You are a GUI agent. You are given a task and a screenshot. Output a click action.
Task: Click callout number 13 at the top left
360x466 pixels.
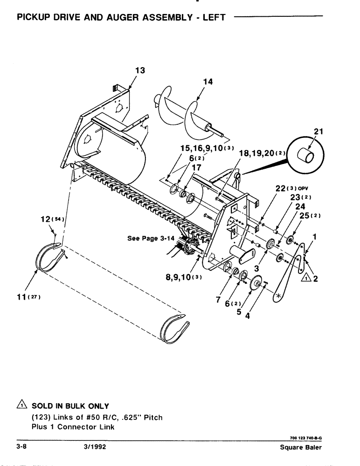[140, 70]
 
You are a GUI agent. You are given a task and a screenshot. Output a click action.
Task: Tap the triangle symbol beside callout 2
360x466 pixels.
[305, 279]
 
